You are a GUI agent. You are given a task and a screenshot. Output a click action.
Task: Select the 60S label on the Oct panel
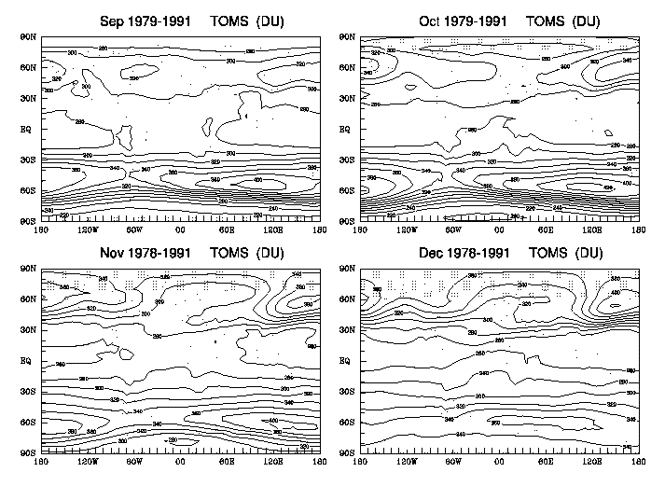pos(344,190)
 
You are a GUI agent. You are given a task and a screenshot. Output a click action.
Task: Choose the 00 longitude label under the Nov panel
pos(180,460)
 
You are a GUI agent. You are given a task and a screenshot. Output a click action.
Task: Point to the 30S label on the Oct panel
pos(344,160)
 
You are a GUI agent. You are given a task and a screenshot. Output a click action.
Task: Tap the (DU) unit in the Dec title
pos(587,252)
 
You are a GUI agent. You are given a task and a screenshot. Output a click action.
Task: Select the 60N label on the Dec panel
pos(344,299)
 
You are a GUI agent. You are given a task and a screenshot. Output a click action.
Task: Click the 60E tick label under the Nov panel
pos(227,460)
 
